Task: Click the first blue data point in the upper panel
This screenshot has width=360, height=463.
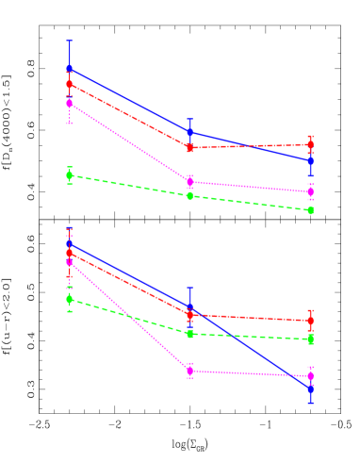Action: click(70, 68)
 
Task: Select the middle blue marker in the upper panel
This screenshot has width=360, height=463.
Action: click(189, 132)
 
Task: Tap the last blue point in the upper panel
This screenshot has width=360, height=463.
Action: click(310, 161)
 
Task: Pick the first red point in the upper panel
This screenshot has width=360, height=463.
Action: click(70, 84)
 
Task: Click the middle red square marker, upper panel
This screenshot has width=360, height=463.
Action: click(189, 147)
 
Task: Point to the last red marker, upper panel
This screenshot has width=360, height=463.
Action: click(310, 144)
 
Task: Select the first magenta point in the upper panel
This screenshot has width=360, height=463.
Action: click(70, 103)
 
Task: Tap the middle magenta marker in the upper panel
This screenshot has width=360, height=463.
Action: click(189, 182)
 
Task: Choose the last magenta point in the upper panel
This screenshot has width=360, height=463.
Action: click(310, 192)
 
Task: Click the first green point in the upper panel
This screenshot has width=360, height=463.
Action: click(70, 175)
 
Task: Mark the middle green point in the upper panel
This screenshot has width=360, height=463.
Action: click(189, 196)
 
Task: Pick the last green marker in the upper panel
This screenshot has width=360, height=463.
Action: click(310, 210)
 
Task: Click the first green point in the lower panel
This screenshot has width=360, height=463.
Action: click(70, 299)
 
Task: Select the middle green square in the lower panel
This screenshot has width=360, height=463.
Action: click(189, 334)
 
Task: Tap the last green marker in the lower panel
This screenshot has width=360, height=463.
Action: click(310, 339)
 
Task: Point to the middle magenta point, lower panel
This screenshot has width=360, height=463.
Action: click(189, 371)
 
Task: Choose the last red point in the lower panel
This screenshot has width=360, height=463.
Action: click(310, 321)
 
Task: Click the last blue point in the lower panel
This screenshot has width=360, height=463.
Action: click(310, 388)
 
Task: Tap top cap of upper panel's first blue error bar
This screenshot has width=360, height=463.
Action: click(70, 41)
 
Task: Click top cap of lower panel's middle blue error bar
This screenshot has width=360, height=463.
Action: click(189, 288)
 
